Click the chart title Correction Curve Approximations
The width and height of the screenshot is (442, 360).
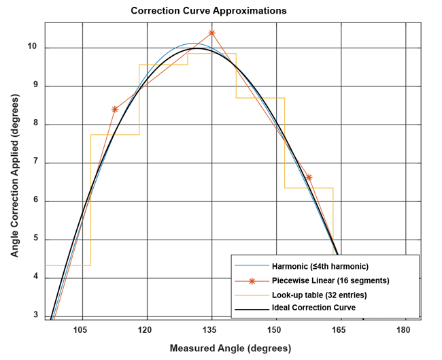208,11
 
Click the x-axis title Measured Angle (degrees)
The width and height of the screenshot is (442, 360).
231,348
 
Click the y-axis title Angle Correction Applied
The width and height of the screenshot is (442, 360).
14,174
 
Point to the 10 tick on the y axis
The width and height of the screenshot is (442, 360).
32,48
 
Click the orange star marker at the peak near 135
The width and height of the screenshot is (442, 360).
212,33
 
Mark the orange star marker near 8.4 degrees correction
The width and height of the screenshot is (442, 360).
115,109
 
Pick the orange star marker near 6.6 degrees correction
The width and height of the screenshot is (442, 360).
309,177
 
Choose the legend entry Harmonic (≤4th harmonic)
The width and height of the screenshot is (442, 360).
320,265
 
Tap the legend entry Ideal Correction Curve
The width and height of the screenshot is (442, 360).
313,308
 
